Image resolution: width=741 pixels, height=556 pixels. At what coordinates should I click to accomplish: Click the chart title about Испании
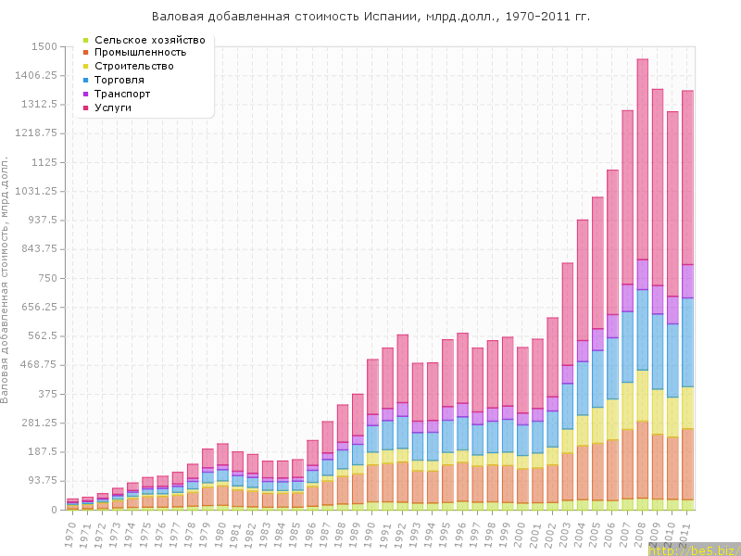[x=370, y=17]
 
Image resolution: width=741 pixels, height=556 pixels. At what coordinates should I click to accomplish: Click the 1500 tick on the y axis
[x=44, y=46]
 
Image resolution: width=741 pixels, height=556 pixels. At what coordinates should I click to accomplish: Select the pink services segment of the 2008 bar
[x=642, y=158]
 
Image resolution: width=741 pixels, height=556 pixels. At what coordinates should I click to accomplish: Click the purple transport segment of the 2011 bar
[x=687, y=281]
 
